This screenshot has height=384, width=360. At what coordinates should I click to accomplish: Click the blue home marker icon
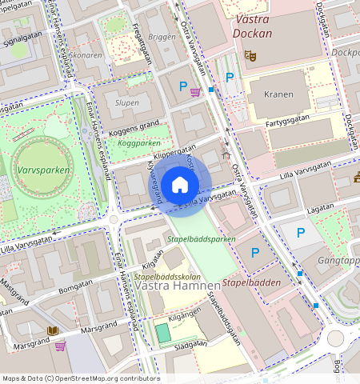pyautogui.click(x=180, y=186)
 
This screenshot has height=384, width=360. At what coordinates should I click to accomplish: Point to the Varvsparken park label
pyautogui.click(x=42, y=170)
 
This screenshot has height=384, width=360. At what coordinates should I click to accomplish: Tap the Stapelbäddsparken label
pyautogui.click(x=201, y=238)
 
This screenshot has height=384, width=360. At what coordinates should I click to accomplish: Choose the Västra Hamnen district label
pyautogui.click(x=172, y=285)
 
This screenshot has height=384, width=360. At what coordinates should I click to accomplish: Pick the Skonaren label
pyautogui.click(x=86, y=55)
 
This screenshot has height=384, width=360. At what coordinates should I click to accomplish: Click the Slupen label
pyautogui.click(x=127, y=103)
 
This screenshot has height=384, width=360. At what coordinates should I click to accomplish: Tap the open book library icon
pyautogui.click(x=54, y=330)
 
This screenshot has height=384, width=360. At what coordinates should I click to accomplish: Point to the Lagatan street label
pyautogui.click(x=319, y=206)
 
